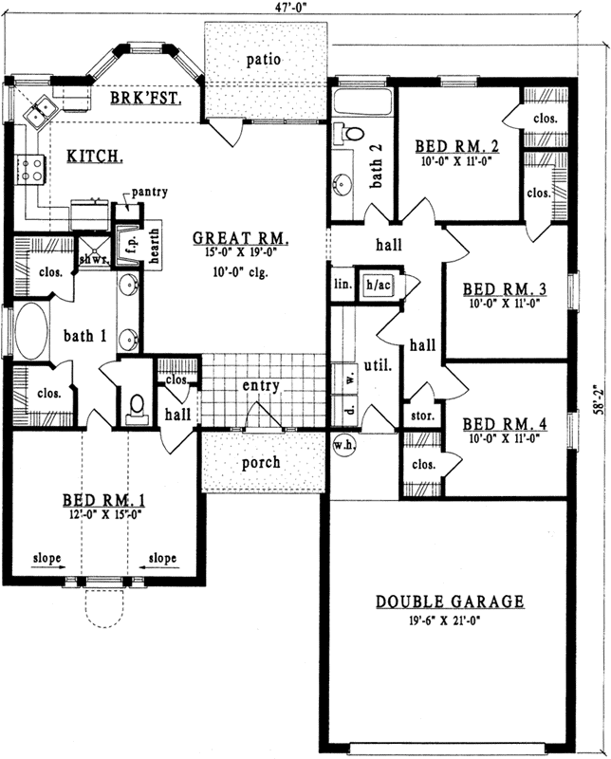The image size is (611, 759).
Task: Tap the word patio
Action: [x=263, y=59]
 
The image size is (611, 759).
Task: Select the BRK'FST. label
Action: [x=145, y=98]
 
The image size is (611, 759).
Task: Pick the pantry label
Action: [x=149, y=192]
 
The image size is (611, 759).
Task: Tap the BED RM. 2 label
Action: [x=457, y=147]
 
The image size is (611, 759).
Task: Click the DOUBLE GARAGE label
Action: [x=450, y=602]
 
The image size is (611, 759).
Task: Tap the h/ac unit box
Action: [x=379, y=285]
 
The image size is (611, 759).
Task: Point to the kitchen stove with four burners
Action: [x=29, y=170]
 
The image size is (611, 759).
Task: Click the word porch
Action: [x=261, y=462]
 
